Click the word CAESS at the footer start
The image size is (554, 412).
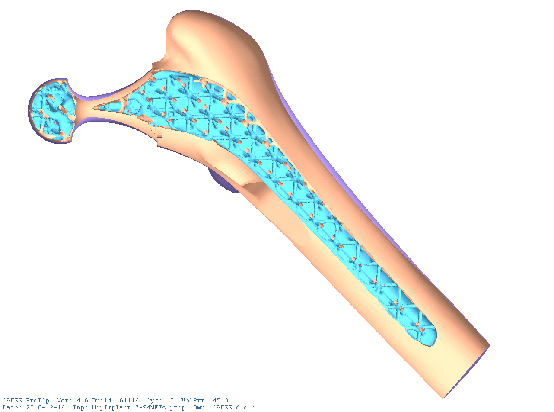12,400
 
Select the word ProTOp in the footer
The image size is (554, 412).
38,401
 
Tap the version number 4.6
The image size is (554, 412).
83,400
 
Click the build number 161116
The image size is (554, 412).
127,400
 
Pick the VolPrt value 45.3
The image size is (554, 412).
220,400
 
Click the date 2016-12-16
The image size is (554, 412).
45,408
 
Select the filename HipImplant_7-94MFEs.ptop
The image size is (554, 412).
138,408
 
